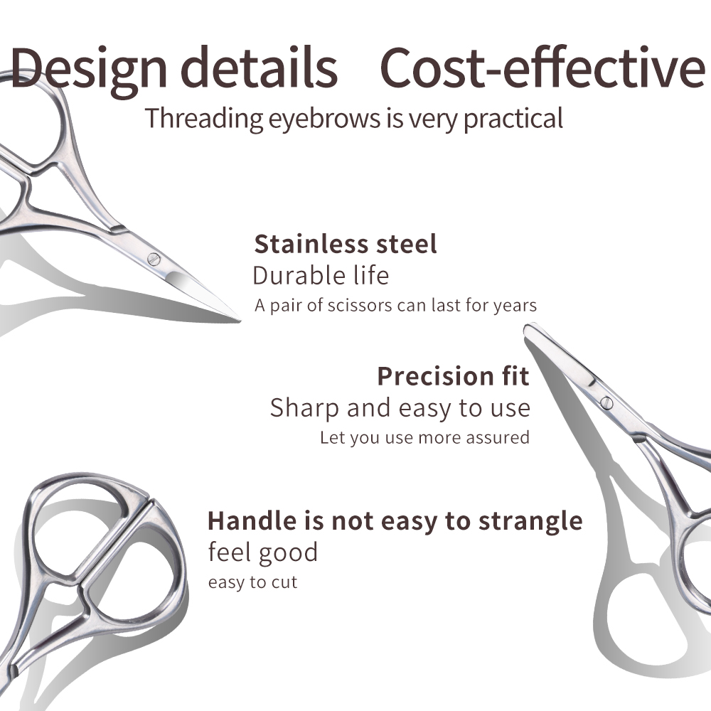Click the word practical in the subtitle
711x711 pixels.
point(513,118)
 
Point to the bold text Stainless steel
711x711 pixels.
point(346,244)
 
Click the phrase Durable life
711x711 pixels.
point(321,275)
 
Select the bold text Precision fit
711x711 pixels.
point(453,375)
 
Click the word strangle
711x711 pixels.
point(530,521)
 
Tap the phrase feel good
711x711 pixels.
point(262,552)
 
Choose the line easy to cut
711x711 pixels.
point(252,583)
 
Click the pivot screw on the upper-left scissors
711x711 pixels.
point(154,257)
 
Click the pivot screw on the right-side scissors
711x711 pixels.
point(606,402)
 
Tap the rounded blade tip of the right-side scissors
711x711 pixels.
point(529,328)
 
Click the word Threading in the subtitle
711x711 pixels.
point(204,118)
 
